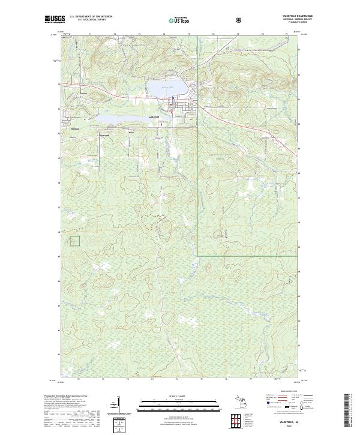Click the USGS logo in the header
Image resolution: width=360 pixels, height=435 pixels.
(x=55, y=20)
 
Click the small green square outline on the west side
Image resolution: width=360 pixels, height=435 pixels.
(x=75, y=241)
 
